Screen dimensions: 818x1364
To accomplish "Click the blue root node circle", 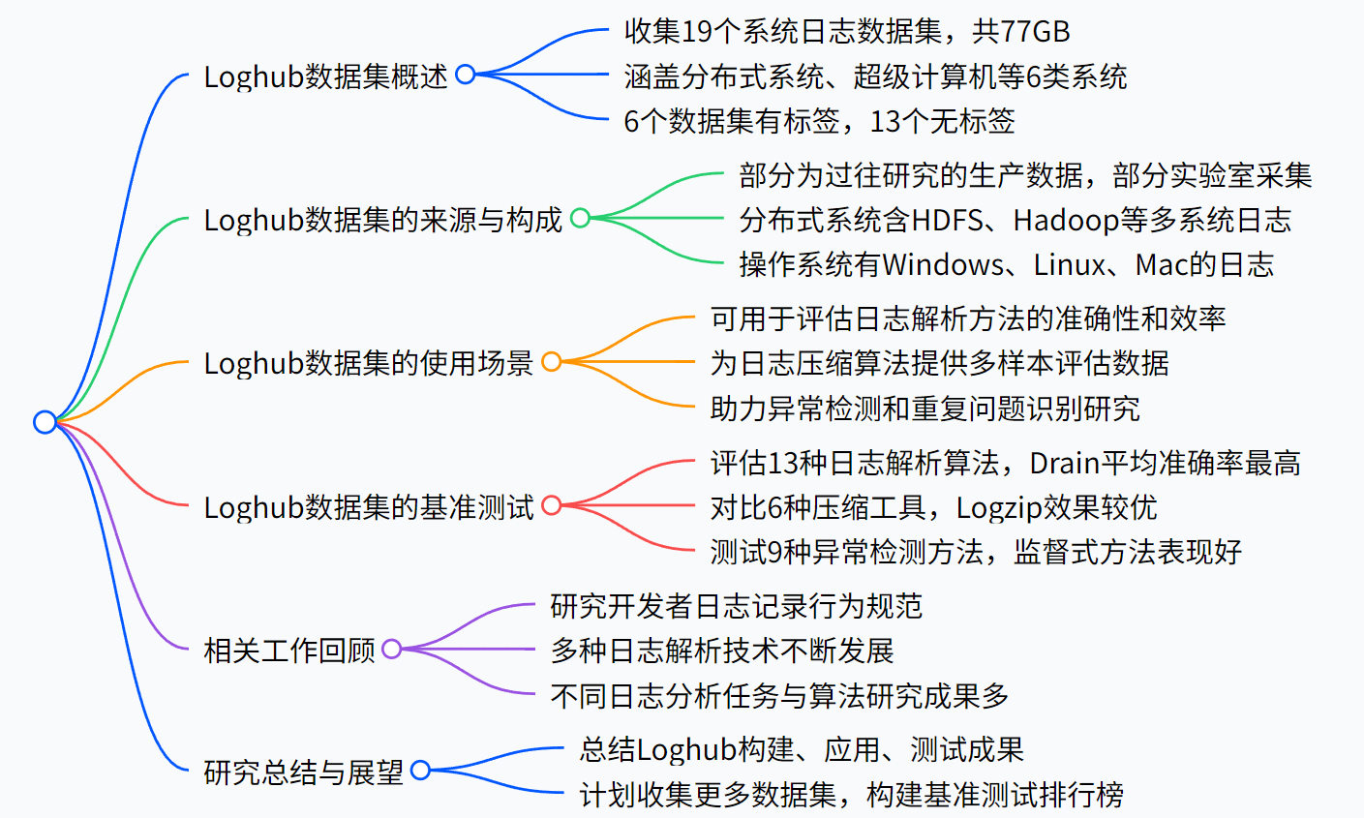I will click(45, 422).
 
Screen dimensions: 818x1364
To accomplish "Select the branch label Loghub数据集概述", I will click(325, 76).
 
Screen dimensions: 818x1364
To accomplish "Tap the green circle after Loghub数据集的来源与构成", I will click(580, 218).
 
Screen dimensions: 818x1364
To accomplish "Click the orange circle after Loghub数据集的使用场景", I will click(552, 362).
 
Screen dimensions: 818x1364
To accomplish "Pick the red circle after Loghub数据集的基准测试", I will click(552, 505).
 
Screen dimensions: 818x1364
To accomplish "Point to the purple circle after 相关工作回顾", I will click(392, 649).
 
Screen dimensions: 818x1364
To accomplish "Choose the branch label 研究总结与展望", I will click(303, 773).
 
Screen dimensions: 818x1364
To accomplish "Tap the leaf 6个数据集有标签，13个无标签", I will click(819, 121).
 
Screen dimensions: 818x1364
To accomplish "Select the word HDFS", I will click(947, 220).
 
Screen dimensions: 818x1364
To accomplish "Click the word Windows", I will click(943, 264).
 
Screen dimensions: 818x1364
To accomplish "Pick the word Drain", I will click(1065, 463).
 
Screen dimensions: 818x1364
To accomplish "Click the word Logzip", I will click(1000, 507).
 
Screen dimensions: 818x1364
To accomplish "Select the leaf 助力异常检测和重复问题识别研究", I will click(924, 409).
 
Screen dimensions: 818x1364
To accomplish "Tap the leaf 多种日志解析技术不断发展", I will click(722, 651).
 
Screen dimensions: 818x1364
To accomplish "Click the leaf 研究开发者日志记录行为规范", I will click(736, 606).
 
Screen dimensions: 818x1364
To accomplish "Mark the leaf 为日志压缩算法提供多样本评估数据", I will click(939, 363).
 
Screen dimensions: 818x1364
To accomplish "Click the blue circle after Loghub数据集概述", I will click(466, 75).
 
